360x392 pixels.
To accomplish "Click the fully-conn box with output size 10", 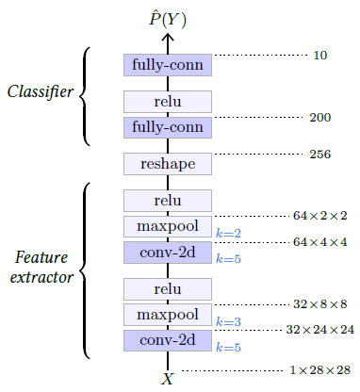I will point(168,64).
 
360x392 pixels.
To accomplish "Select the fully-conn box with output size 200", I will point(168,127).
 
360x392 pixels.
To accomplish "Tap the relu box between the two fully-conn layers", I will point(168,102).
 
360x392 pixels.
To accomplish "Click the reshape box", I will point(168,164).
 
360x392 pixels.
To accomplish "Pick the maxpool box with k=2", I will point(168,226).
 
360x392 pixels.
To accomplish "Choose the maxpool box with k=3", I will point(168,314).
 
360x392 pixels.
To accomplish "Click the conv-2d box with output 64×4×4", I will point(168,252).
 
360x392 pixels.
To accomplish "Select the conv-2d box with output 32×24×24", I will point(168,339).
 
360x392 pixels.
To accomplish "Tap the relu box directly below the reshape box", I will point(168,201).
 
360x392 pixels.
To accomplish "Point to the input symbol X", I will point(168,379).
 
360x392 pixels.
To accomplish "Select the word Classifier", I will point(40,91).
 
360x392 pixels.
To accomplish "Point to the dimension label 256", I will point(319,154).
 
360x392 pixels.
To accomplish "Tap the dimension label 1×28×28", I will point(320,370).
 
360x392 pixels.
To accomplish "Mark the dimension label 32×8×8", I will point(319,304).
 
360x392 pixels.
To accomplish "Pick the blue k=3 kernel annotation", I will point(228,321).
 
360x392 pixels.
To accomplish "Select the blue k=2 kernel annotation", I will point(228,233).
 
